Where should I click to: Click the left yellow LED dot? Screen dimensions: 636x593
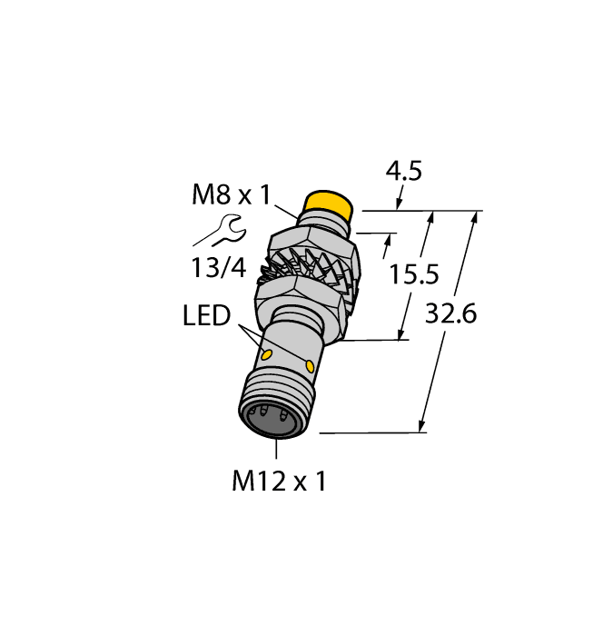pos(268,353)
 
